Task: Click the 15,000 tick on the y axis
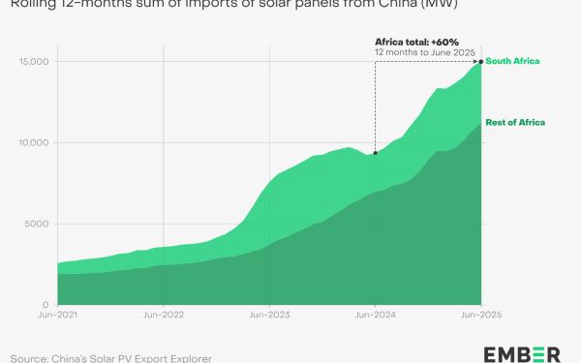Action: click(x=33, y=62)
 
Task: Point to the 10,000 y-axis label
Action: click(x=33, y=143)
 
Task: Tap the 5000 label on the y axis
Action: click(x=37, y=224)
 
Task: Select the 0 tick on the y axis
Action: click(x=46, y=304)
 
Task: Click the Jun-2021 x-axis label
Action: click(x=58, y=316)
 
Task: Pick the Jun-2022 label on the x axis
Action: click(x=164, y=316)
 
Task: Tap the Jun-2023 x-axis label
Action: click(x=269, y=316)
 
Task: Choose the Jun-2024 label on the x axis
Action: click(x=375, y=316)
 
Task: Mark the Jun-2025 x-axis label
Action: click(x=480, y=316)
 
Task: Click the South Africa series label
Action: click(x=512, y=62)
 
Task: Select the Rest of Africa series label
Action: click(x=515, y=122)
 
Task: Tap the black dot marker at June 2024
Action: click(x=375, y=153)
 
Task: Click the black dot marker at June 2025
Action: click(x=481, y=62)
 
